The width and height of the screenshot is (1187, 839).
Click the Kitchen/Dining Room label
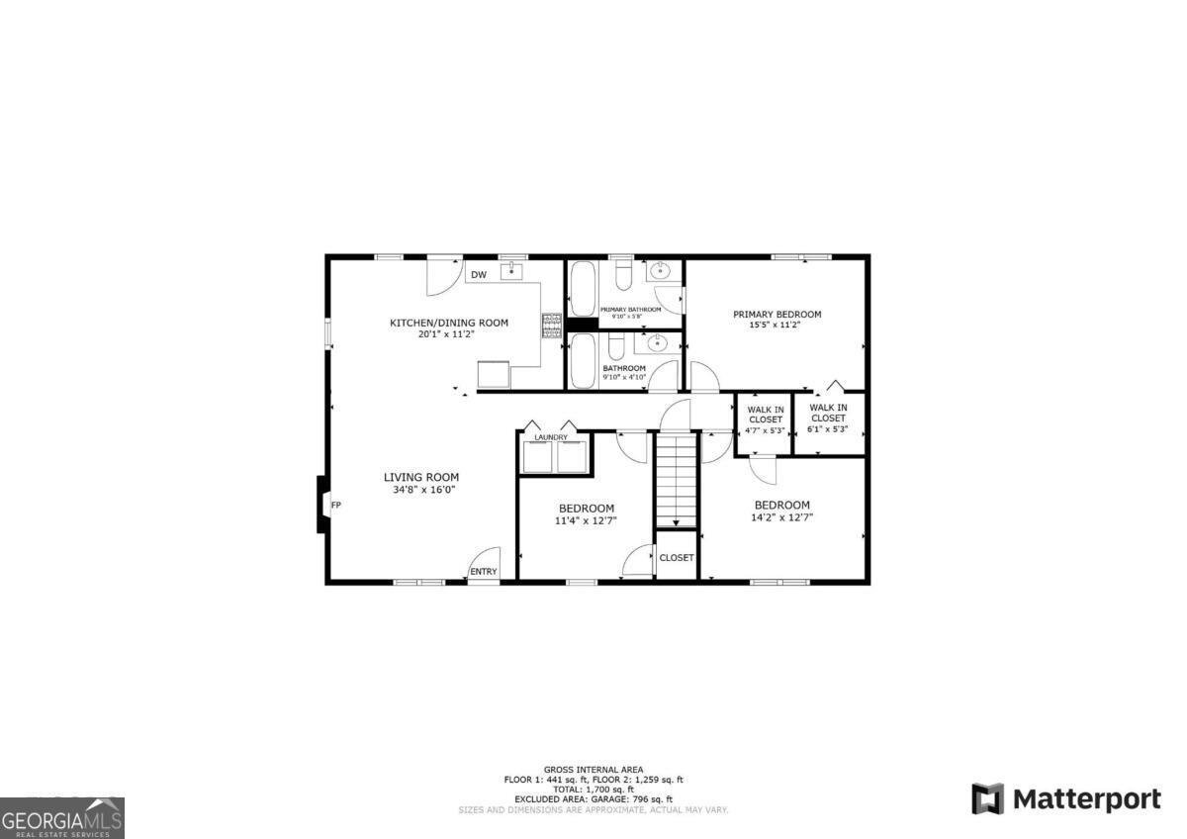(448, 323)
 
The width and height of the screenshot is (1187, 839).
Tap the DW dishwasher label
(479, 275)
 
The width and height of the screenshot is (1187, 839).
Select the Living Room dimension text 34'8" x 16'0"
(420, 489)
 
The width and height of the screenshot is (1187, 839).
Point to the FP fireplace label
(335, 506)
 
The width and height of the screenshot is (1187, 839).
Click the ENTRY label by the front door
(484, 572)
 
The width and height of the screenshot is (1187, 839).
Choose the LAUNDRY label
(551, 437)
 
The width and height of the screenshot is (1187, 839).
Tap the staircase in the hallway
(677, 481)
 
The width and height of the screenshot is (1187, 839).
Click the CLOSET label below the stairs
(677, 558)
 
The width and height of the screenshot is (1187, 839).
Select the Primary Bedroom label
(776, 315)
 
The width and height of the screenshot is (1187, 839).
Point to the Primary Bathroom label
(630, 310)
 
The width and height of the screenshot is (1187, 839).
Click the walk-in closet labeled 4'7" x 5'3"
(765, 419)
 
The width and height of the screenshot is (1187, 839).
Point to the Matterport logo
(1066, 798)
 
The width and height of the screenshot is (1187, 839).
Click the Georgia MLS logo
(62, 817)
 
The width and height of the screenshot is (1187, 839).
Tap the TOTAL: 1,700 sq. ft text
(593, 789)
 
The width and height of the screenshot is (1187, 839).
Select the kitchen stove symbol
(551, 325)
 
